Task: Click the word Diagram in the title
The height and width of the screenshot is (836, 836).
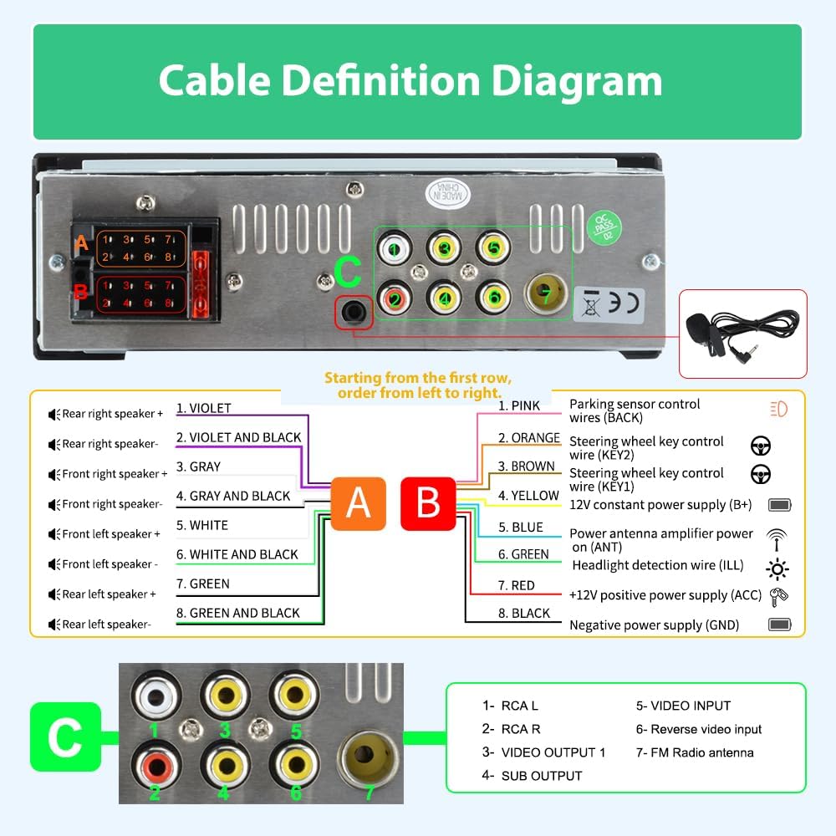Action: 576,81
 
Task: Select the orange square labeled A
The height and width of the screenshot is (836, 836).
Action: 358,503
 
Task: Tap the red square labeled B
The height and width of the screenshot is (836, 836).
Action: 428,503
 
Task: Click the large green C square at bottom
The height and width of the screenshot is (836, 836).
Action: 65,737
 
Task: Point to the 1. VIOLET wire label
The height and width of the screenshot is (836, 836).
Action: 203,409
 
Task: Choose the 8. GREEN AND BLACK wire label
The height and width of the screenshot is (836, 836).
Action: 237,613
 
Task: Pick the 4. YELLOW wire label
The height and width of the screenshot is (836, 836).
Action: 528,496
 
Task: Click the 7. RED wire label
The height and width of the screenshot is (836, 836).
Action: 517,585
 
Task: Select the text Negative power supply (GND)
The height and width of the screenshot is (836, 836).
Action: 654,624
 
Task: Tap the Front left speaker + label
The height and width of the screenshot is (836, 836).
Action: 111,534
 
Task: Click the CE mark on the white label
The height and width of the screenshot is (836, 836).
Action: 625,301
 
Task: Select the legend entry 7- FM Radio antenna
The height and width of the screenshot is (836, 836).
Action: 695,752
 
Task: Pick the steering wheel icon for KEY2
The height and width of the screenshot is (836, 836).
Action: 760,446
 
